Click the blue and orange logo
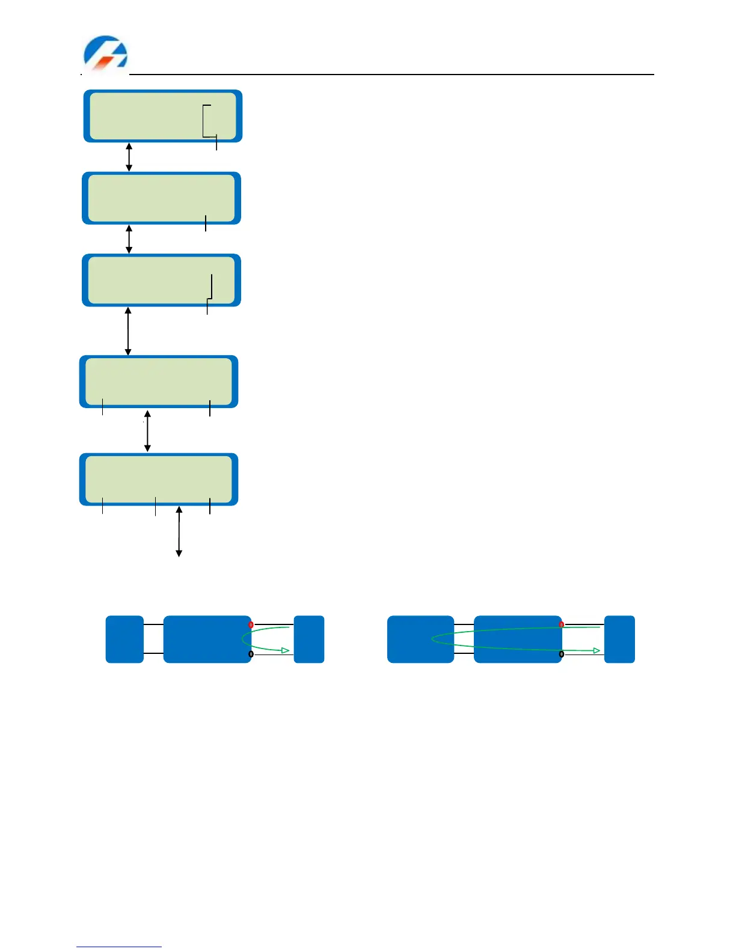click(x=105, y=53)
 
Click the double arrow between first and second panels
click(x=129, y=157)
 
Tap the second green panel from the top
click(x=161, y=198)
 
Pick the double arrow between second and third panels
click(x=129, y=239)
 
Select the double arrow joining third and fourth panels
click(x=128, y=331)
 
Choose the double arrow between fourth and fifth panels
click(x=147, y=431)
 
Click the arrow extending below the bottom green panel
click(x=179, y=532)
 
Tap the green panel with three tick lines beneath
click(x=159, y=479)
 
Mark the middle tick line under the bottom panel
click(x=155, y=506)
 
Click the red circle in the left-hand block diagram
click(x=251, y=625)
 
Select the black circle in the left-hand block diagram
click(x=251, y=654)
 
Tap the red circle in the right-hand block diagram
click(x=562, y=624)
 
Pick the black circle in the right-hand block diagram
click(x=562, y=654)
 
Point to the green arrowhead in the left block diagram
click(x=286, y=650)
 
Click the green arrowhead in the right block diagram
click(x=596, y=650)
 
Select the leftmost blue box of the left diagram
click(x=124, y=639)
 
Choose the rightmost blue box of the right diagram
click(x=619, y=639)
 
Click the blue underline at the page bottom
click(x=119, y=947)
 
